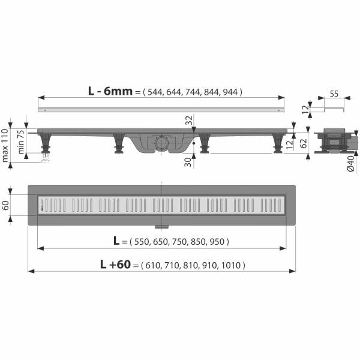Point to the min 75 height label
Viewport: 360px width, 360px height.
pos(22,142)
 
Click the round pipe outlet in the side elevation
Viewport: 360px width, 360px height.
pos(161,142)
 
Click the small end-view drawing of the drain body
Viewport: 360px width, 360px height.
pos(329,142)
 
